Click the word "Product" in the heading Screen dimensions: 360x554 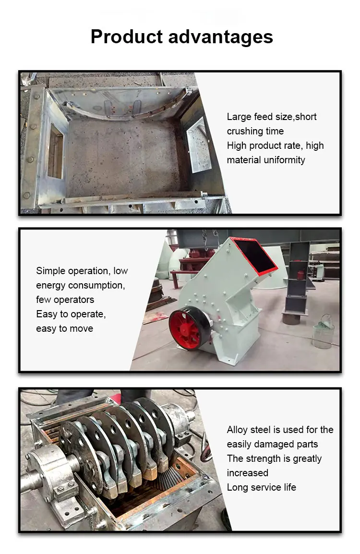tap(127, 36)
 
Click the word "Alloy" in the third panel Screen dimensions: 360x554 tap(238, 430)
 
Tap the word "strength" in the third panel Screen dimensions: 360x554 tap(263, 458)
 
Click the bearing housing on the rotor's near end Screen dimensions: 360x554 tap(52, 470)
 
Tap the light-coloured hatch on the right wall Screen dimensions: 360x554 tap(199, 145)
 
